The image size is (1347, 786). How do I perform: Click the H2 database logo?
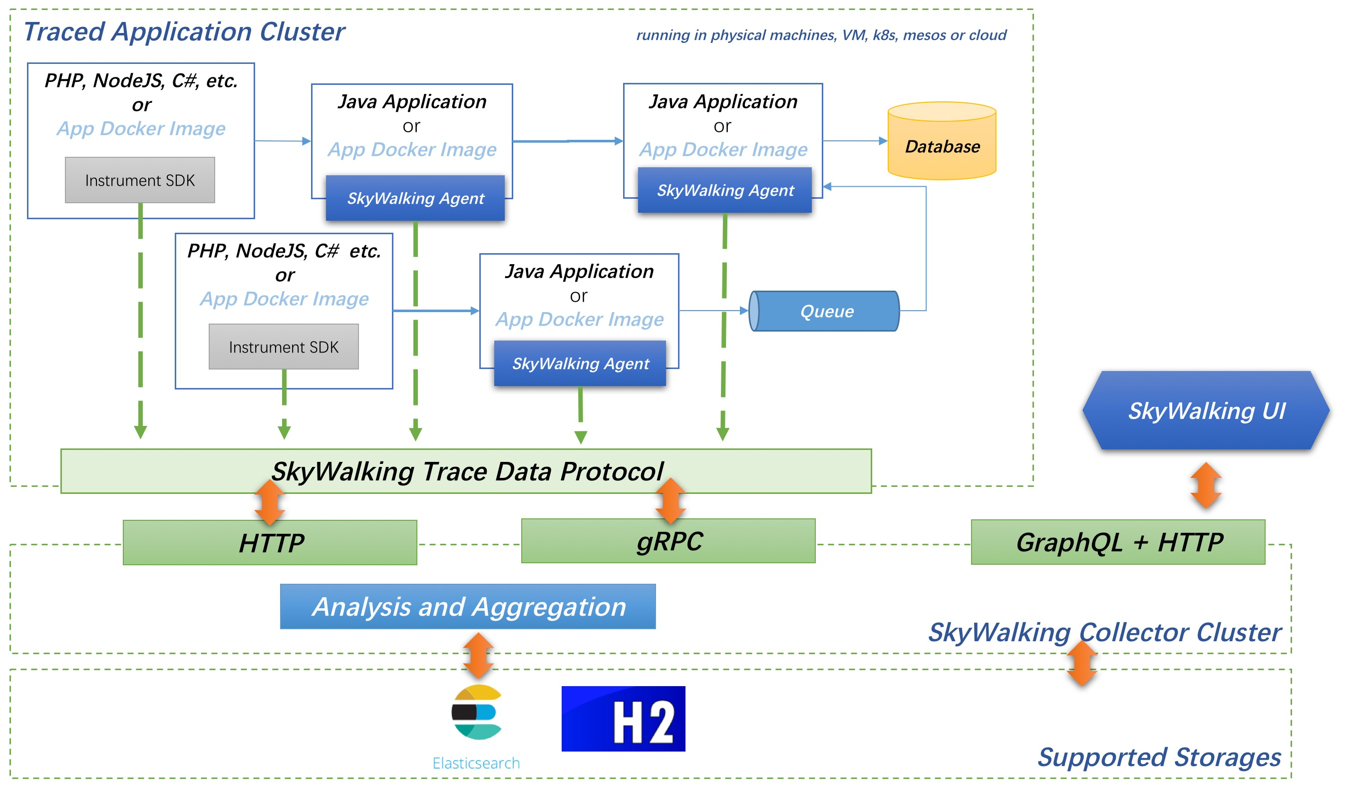tap(623, 719)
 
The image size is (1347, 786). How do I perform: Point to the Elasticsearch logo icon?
tap(477, 712)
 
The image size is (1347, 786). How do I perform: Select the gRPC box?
tap(668, 541)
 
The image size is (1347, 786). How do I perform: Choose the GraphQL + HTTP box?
tap(1118, 542)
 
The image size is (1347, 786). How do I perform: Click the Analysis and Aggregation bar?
tap(468, 607)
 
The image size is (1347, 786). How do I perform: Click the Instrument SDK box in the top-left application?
tap(140, 180)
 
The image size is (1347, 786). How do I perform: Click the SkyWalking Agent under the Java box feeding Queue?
tap(580, 364)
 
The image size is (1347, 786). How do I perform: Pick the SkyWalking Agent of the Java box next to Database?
tap(725, 190)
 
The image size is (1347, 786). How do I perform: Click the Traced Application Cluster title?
tap(184, 32)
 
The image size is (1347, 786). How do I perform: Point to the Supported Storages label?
tap(1159, 758)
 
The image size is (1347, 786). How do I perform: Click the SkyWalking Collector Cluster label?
tap(1104, 633)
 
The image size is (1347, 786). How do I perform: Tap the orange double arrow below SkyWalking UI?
tap(1206, 485)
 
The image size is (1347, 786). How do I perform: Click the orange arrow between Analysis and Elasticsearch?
tap(478, 656)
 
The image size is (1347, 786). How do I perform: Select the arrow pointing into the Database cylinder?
tap(855, 141)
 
